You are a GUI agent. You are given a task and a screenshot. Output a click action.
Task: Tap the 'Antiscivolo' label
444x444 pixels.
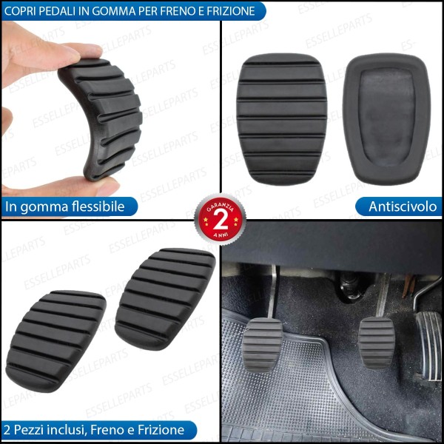point(402,206)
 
